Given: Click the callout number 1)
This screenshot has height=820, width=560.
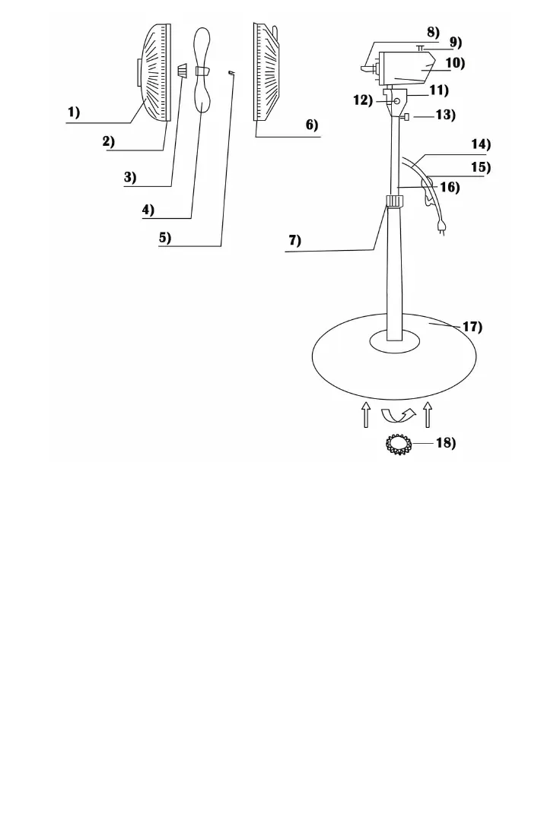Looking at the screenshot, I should pyautogui.click(x=72, y=112).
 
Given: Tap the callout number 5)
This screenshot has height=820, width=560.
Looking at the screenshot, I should pyautogui.click(x=164, y=237).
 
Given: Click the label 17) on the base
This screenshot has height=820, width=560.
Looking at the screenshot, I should pyautogui.click(x=473, y=327).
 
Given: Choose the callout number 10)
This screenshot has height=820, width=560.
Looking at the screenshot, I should pyautogui.click(x=454, y=64).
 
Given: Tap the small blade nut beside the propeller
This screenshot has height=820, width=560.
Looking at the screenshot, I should pyautogui.click(x=183, y=71).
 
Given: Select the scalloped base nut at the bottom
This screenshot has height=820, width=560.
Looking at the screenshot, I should pyautogui.click(x=399, y=445).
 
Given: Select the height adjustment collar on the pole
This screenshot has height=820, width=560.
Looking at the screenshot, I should pyautogui.click(x=394, y=201).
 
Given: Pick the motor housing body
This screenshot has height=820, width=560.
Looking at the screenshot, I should pyautogui.click(x=403, y=67).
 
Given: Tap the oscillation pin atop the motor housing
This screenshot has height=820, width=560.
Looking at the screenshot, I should pyautogui.click(x=419, y=47).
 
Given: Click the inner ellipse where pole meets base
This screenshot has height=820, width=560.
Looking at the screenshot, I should pyautogui.click(x=394, y=342).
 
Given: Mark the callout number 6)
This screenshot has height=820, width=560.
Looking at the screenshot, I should pyautogui.click(x=312, y=125).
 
